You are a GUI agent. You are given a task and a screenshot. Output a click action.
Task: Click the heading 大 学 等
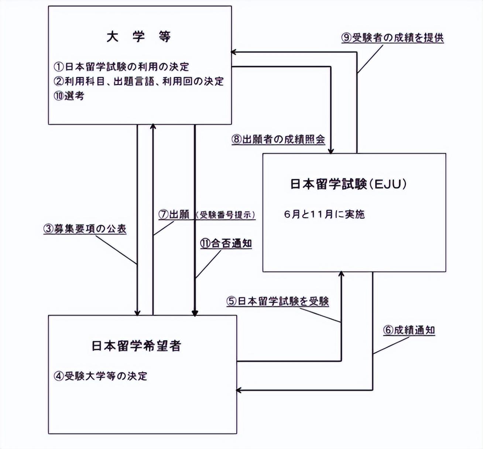tap(138, 37)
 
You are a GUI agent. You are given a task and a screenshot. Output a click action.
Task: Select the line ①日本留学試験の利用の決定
tap(121, 67)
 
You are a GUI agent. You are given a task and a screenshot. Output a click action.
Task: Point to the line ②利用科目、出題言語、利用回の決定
tap(139, 81)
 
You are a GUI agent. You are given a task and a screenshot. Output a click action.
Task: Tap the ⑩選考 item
tap(69, 96)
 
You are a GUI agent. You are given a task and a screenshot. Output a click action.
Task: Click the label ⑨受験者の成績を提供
tap(393, 38)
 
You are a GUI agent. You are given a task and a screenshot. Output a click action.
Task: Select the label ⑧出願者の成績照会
tap(278, 139)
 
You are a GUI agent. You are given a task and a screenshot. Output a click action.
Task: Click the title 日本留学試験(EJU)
tap(348, 184)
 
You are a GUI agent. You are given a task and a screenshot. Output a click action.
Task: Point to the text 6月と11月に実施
tap(324, 214)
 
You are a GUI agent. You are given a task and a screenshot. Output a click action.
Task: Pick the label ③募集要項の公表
tap(85, 229)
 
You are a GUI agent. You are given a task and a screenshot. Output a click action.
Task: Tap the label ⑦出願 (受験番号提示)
tap(207, 215)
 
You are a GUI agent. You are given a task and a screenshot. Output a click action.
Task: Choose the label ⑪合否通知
tap(226, 243)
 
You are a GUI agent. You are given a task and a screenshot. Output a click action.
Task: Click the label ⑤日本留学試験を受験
tap(278, 301)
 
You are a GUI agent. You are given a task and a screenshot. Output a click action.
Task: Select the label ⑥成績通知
tap(409, 330)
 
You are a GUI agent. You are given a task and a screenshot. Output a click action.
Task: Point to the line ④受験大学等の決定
tap(100, 376)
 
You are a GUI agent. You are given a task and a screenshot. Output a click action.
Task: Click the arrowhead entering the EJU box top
tap(331, 151)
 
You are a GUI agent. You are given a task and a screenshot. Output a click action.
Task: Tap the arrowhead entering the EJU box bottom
tap(341, 274)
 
